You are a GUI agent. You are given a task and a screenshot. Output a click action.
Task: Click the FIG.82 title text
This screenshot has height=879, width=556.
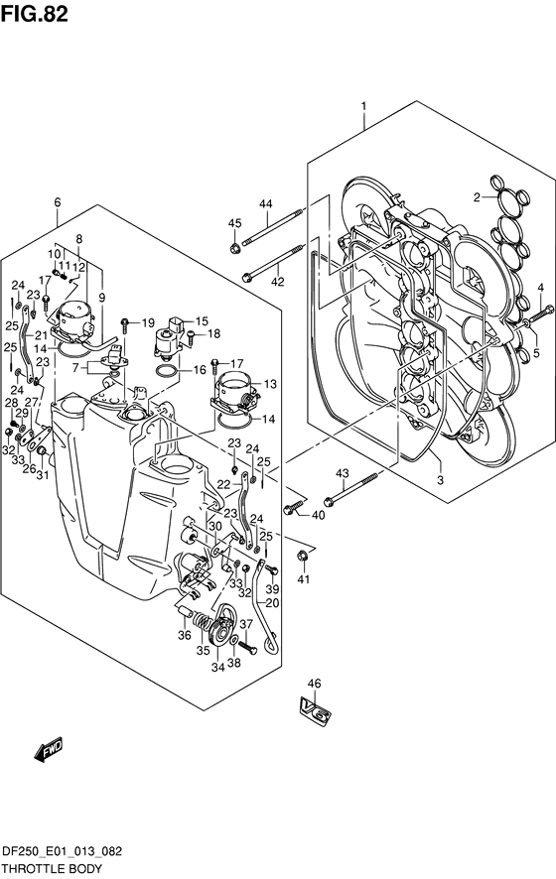coord(34,14)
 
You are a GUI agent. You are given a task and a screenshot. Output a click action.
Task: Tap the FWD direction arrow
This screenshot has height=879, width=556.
coord(49,749)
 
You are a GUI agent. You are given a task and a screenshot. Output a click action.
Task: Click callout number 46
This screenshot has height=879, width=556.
coord(314,684)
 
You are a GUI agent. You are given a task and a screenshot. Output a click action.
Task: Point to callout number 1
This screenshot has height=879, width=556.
coord(363,106)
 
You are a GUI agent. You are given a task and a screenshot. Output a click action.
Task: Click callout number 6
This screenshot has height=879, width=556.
coord(58,202)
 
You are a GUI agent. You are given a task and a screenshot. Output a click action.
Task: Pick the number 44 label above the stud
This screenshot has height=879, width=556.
coord(265,204)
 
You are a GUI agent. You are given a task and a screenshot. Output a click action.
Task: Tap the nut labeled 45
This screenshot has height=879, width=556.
coord(235,246)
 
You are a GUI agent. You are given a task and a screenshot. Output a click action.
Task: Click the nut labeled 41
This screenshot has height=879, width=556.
coord(303,557)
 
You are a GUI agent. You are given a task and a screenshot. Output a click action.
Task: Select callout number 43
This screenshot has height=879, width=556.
coord(343,473)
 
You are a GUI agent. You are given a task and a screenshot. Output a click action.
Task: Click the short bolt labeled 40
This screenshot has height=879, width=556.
coord(290,509)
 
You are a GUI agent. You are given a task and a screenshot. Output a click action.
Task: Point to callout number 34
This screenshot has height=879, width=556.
coord(217,667)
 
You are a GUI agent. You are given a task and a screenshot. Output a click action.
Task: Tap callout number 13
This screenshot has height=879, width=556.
coord(270,384)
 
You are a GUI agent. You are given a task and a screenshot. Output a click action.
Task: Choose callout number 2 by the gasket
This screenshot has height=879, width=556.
coord(477,196)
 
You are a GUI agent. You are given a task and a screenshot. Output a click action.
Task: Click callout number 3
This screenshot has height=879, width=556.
coord(441,480)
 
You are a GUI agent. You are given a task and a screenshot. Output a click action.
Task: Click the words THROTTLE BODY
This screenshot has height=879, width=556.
coord(52,868)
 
